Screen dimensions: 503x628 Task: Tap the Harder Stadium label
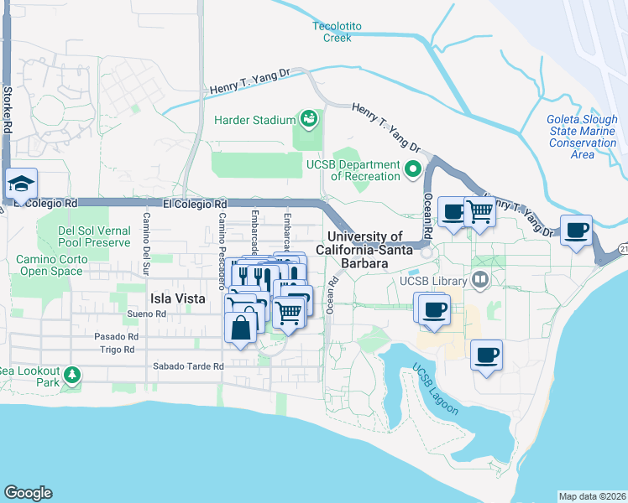254,121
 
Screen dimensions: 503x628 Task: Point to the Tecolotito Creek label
338,32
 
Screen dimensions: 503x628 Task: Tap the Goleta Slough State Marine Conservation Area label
583,137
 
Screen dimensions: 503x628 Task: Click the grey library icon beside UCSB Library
481,280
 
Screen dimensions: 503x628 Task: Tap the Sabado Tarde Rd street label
188,366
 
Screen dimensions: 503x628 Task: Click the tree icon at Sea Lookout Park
73,374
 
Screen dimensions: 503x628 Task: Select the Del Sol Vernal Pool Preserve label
95,236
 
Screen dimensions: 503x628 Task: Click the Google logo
28,493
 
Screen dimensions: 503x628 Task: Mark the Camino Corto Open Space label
50,265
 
